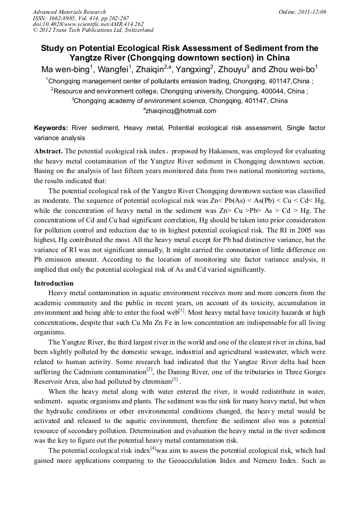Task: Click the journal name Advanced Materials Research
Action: [69, 12]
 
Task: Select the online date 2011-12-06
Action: [312, 12]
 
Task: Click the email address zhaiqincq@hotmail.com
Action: [181, 111]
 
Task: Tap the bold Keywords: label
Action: [51, 128]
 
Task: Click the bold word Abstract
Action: [48, 151]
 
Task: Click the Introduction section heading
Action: [54, 283]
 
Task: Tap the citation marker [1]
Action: [182, 309]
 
